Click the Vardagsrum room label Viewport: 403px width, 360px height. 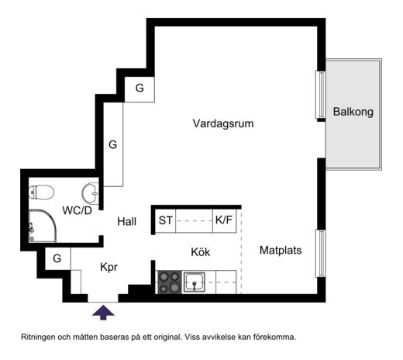coord(223,123)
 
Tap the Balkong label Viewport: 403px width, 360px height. coord(353,112)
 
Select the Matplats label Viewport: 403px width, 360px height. coord(281,251)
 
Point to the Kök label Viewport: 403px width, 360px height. coord(201,252)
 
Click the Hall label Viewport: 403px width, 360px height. coord(126,222)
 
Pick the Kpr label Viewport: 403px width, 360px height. coord(108,267)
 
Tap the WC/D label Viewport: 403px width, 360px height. coord(77,210)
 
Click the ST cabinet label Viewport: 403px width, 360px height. coord(165,220)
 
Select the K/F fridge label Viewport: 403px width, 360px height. coord(224,220)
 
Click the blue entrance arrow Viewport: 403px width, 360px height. coord(103,312)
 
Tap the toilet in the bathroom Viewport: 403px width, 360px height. coord(41,192)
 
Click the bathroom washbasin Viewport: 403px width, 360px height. coord(91,193)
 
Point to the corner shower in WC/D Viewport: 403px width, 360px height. coord(43,226)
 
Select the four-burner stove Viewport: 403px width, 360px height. coord(170,282)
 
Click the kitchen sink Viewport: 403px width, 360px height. coord(195,282)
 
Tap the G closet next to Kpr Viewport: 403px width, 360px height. coord(57,258)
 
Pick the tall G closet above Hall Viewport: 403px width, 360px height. coord(113,144)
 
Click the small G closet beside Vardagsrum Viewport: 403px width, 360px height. coord(139,89)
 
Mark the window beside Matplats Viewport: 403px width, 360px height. coord(320,254)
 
